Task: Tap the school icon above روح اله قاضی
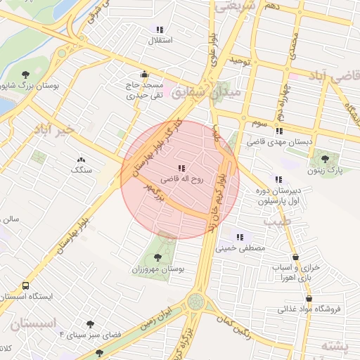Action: [x=181, y=169]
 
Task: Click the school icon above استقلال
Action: [x=160, y=30]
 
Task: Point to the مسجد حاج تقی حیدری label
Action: [x=143, y=89]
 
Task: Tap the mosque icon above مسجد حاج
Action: [x=144, y=75]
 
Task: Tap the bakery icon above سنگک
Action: [x=81, y=160]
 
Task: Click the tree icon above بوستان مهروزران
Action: [x=157, y=258]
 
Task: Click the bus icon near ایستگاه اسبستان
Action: [x=26, y=286]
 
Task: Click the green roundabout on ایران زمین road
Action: [x=196, y=302]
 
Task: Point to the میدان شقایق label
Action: [x=210, y=91]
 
